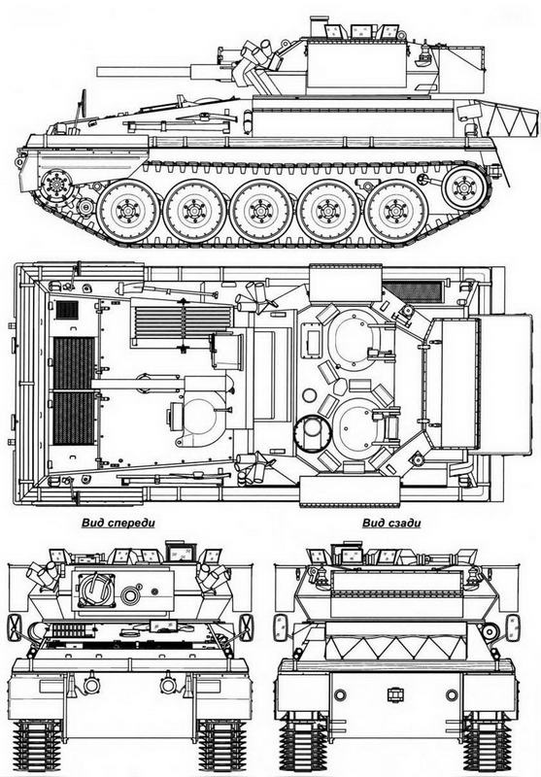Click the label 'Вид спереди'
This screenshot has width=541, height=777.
click(118, 523)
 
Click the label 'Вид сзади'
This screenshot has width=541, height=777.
click(391, 523)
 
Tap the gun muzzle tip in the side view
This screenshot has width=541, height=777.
click(98, 72)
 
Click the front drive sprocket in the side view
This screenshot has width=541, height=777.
click(56, 186)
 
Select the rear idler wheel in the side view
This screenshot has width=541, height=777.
click(464, 186)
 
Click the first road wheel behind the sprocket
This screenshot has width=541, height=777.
click(128, 210)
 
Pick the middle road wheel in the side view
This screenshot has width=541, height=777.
click(261, 211)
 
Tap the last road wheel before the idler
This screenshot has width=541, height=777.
click(395, 210)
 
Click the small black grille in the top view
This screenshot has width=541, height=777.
click(67, 310)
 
